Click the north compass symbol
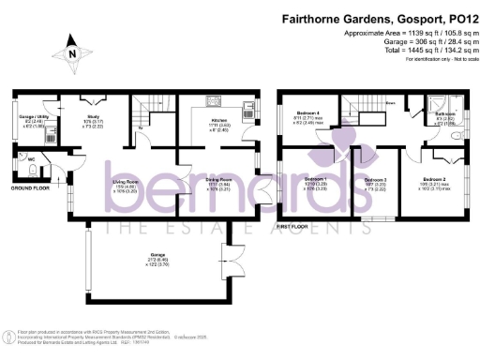(x=72, y=54)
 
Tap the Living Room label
(x=126, y=181)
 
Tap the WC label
(x=32, y=159)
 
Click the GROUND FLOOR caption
(x=30, y=187)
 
